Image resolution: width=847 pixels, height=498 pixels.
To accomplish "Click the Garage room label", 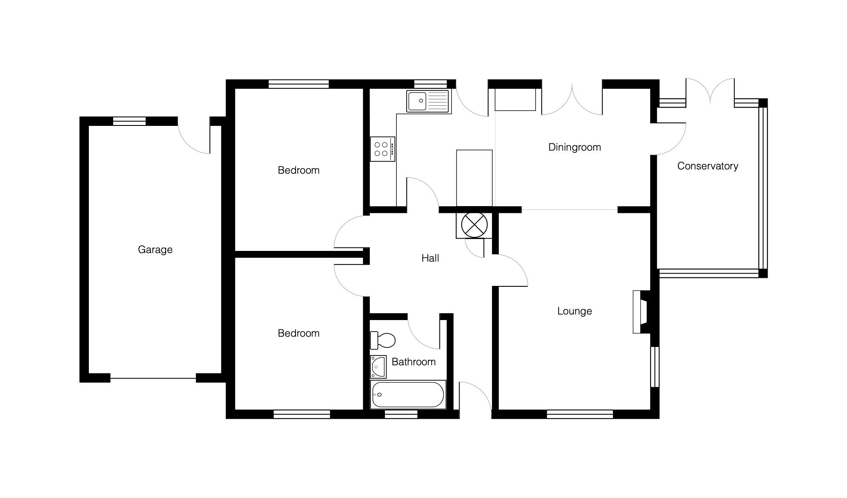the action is pyautogui.click(x=155, y=250).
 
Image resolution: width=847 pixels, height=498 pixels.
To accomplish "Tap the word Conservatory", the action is pyautogui.click(x=708, y=166).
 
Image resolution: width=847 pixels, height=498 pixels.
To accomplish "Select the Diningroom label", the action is pyautogui.click(x=574, y=147).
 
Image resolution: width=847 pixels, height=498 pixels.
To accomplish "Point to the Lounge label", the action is pyautogui.click(x=574, y=311).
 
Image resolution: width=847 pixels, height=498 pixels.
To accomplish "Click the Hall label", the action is pyautogui.click(x=430, y=258).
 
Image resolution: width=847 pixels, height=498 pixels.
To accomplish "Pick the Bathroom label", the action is pyautogui.click(x=413, y=362).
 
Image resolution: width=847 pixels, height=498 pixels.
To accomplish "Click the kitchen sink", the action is pyautogui.click(x=428, y=101).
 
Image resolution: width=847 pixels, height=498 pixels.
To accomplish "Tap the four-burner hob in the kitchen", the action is pyautogui.click(x=383, y=149).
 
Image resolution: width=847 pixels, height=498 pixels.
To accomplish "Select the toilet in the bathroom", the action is pyautogui.click(x=383, y=340).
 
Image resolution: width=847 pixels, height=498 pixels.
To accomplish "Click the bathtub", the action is pyautogui.click(x=408, y=395).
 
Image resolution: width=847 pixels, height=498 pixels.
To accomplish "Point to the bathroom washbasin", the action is pyautogui.click(x=378, y=367).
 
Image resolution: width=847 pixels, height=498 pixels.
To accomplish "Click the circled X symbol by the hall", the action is pyautogui.click(x=474, y=225).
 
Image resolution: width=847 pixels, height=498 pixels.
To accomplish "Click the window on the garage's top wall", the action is pyautogui.click(x=129, y=121).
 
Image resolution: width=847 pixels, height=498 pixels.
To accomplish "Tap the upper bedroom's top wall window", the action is pyautogui.click(x=299, y=84).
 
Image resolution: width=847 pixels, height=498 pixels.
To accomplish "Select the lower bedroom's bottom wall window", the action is pyautogui.click(x=302, y=414).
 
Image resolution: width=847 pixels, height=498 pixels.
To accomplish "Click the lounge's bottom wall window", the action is pyautogui.click(x=580, y=414).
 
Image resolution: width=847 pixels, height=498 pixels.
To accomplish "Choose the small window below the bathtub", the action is pyautogui.click(x=401, y=414).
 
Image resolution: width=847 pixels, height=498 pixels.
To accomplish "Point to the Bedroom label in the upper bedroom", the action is pyautogui.click(x=299, y=170).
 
